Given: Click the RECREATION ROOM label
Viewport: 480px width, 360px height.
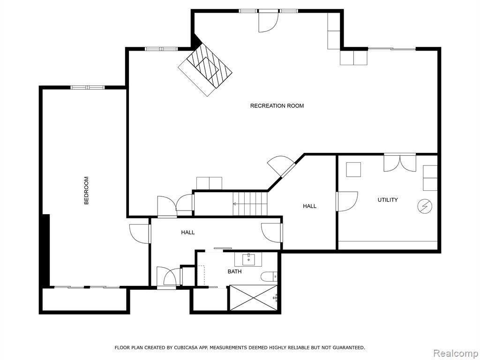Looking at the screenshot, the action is coord(277,106).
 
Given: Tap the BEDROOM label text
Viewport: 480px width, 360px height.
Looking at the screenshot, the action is coord(86,190).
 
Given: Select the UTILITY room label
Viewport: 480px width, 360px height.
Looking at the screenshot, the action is coord(388,200).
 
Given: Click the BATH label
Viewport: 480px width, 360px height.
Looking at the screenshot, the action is coord(234,271).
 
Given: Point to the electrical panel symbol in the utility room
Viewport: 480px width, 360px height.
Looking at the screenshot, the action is coord(425,207).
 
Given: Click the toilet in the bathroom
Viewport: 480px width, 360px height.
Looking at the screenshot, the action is coord(270,277).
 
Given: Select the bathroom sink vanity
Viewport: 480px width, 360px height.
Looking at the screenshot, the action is coord(248,259).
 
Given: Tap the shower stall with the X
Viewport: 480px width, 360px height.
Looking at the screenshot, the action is coord(254,298).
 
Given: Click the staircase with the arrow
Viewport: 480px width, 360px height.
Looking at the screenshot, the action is coord(250,203).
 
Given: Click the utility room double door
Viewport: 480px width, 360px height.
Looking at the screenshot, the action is coord(400,162).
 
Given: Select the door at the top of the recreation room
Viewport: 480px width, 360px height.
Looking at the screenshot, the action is coord(268,22).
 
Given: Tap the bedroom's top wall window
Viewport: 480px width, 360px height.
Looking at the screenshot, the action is coord(88,88).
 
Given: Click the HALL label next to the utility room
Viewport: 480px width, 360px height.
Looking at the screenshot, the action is coord(309,206).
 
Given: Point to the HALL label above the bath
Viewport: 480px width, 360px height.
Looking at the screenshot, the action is coord(187,232).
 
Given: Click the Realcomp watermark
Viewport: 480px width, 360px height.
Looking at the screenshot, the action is coord(456,353).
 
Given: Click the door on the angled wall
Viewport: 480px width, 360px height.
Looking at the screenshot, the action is coord(282,167).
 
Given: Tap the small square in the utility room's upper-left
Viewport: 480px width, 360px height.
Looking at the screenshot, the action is coord(353,170).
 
